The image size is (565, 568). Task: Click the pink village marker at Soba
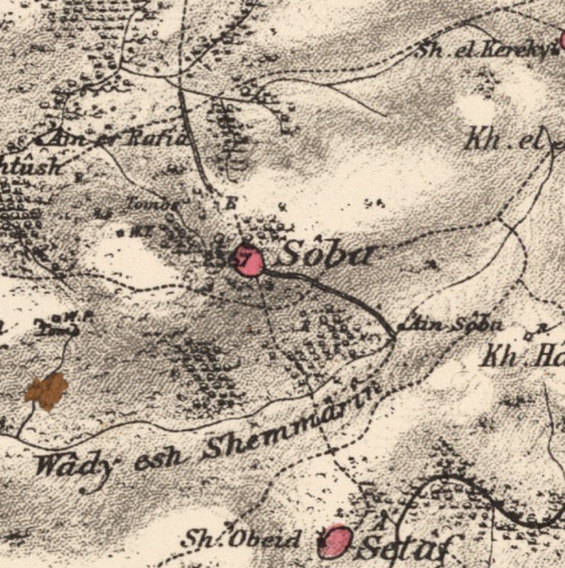[x=248, y=263]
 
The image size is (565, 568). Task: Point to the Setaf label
[x=402, y=547]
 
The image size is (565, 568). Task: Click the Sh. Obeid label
[x=240, y=539]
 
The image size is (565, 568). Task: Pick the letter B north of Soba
[x=231, y=203]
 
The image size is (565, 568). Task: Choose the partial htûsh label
[x=31, y=167]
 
